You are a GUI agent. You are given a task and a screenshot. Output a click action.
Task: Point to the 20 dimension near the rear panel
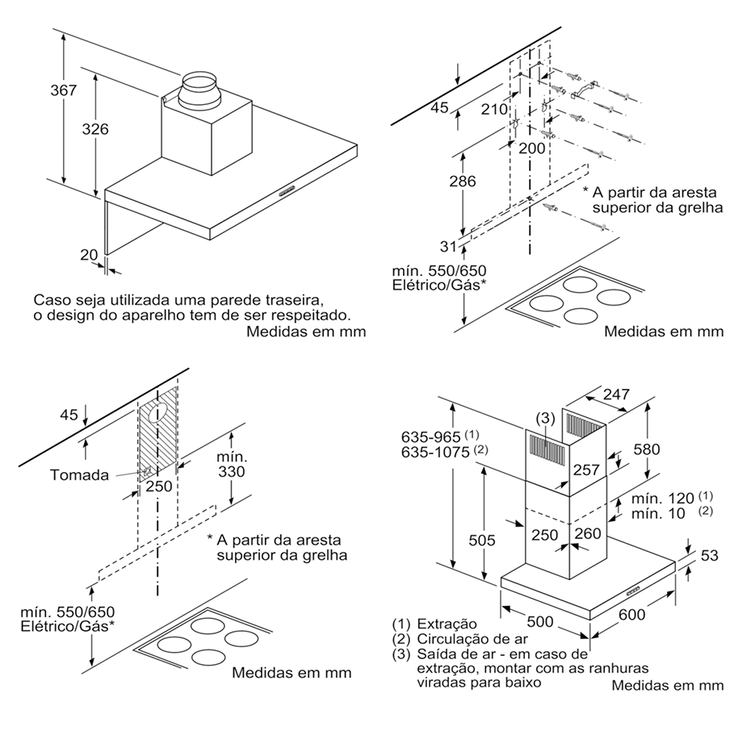tap(88, 254)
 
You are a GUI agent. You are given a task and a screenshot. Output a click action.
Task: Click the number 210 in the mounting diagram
tap(493, 109)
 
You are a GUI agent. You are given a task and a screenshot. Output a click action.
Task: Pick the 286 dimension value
tap(462, 181)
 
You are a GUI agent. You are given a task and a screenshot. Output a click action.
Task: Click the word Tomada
tap(79, 474)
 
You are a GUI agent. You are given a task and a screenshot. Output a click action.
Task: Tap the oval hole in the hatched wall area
tap(158, 411)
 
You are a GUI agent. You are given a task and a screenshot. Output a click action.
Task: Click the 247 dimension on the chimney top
tap(616, 395)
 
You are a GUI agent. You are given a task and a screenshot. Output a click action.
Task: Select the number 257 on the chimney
tap(586, 470)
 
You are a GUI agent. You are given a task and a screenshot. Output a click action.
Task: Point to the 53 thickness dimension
tap(710, 555)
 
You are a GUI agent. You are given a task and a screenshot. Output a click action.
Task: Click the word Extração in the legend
tap(447, 624)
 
